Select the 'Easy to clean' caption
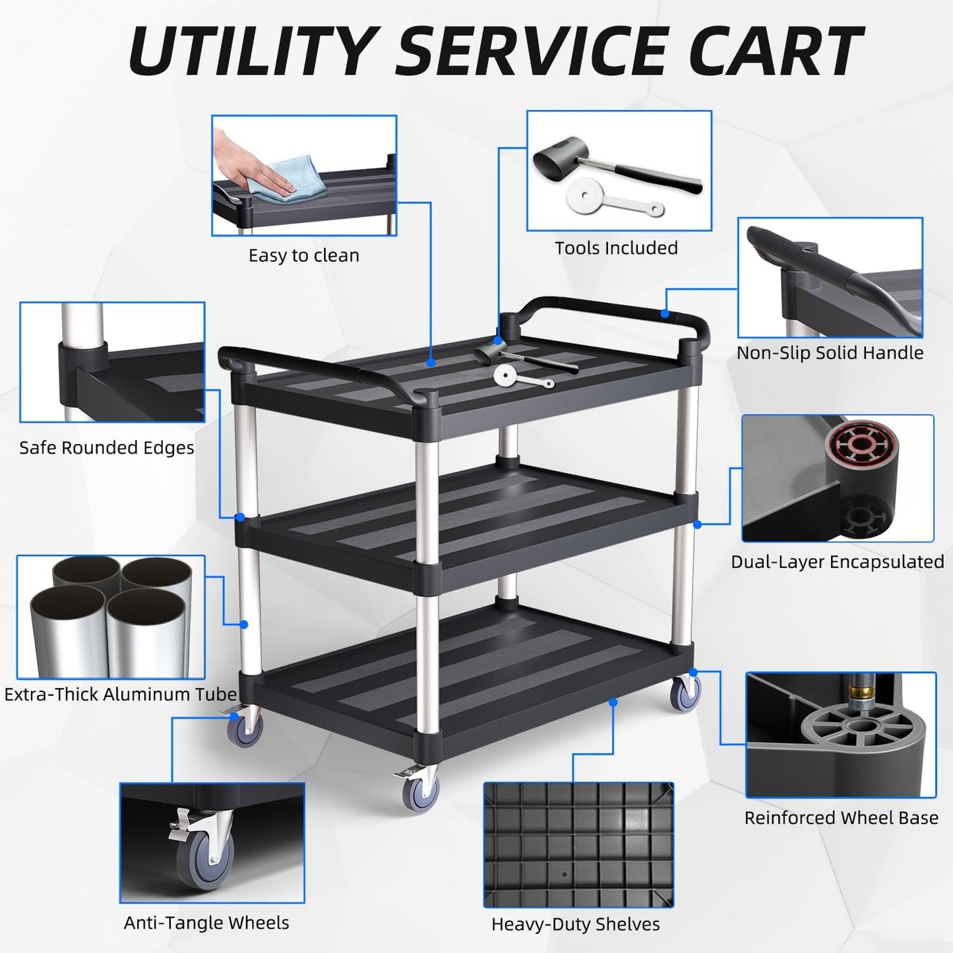click(x=303, y=255)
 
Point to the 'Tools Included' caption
click(x=616, y=248)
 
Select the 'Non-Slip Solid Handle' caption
click(x=830, y=353)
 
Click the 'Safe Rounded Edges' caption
click(x=106, y=448)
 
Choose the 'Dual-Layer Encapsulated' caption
click(x=837, y=562)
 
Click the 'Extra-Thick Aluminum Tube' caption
click(x=120, y=694)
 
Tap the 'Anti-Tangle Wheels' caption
click(x=206, y=923)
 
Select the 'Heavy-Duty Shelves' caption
click(x=575, y=925)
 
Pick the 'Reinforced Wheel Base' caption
click(x=841, y=818)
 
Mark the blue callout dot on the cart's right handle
click(x=665, y=313)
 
